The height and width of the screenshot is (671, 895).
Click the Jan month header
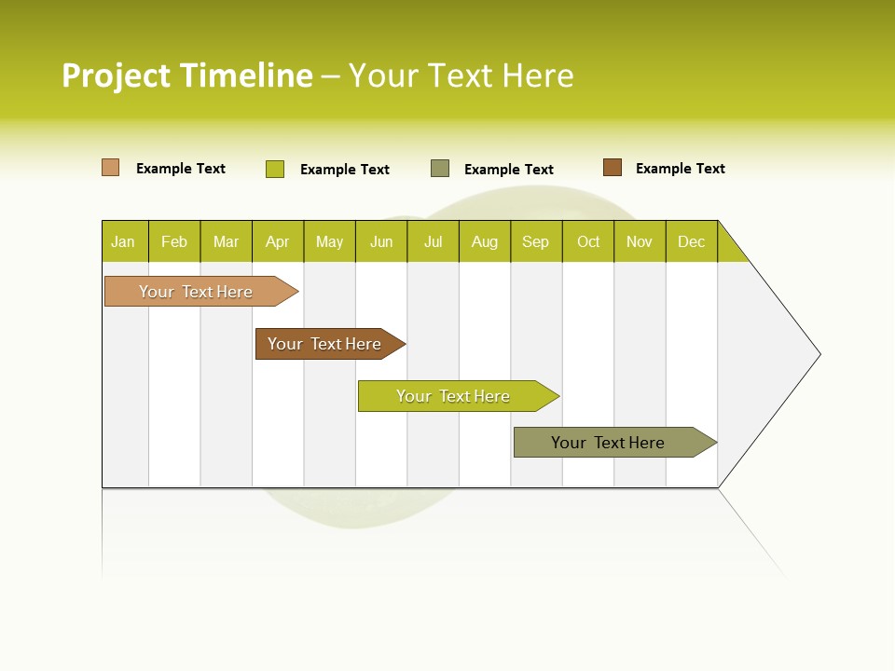[x=123, y=241]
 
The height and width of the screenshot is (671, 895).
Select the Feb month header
[x=174, y=241]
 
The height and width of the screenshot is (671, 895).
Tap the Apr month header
[x=277, y=241]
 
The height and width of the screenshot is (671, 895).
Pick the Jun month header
[x=381, y=241]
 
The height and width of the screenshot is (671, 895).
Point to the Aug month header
[x=485, y=241]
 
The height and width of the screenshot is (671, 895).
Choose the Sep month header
[x=536, y=241]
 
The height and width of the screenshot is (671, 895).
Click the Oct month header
[x=588, y=241]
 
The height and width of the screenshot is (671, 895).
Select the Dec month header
[x=692, y=241]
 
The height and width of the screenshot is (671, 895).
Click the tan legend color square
[x=111, y=168]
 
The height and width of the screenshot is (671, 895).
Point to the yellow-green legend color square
[x=275, y=169]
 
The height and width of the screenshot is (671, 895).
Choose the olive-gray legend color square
[x=440, y=169]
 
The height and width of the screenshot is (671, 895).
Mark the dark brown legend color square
[x=613, y=168]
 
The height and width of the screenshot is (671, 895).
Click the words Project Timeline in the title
[x=186, y=75]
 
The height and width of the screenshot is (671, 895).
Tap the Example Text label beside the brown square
[x=680, y=169]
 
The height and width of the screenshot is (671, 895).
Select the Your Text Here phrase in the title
[x=461, y=75]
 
